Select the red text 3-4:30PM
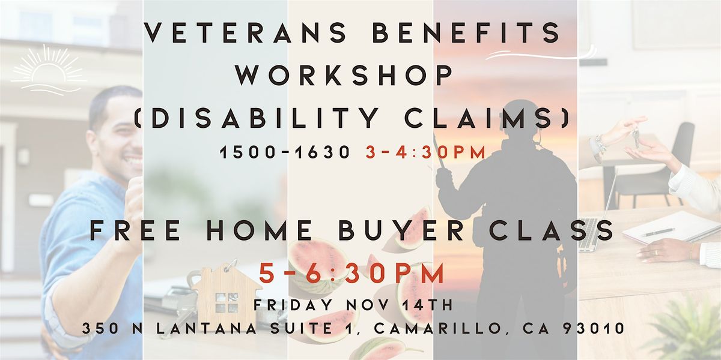[425, 153]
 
